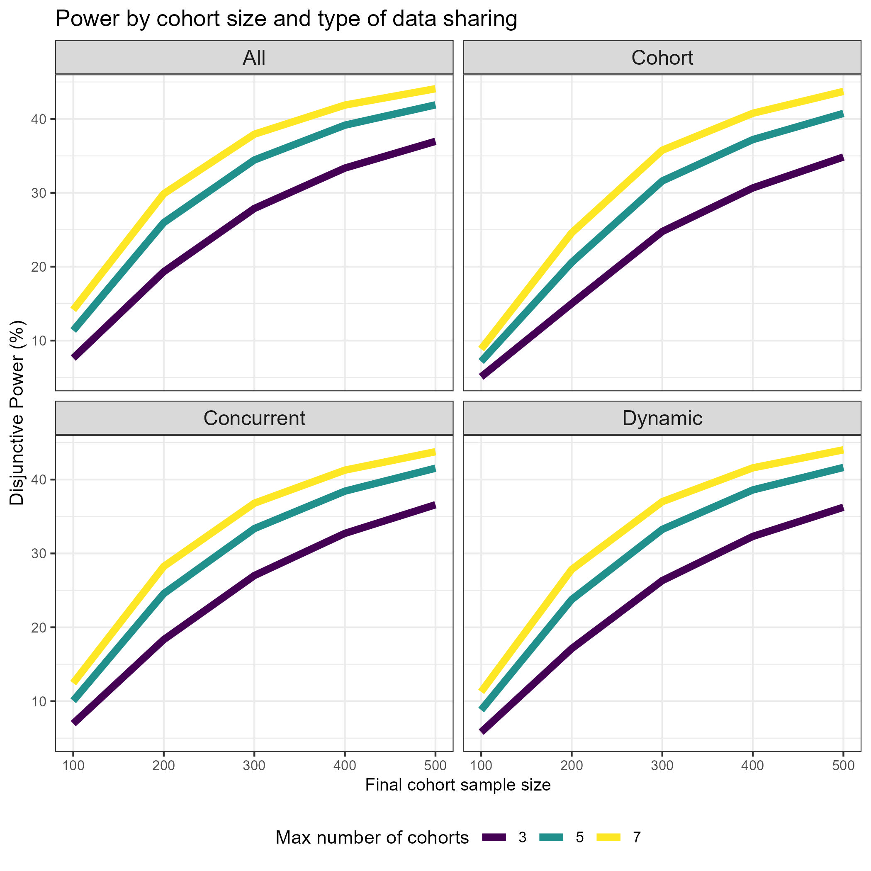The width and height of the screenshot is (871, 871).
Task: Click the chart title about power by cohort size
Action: click(x=286, y=19)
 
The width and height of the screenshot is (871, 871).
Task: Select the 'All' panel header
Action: click(x=254, y=58)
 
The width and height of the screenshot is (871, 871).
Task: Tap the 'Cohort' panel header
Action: click(x=662, y=58)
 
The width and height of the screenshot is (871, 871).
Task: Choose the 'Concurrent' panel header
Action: click(x=254, y=418)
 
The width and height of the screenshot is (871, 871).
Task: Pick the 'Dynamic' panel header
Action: click(x=662, y=418)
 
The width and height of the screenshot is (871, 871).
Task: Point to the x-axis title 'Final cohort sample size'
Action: click(x=457, y=785)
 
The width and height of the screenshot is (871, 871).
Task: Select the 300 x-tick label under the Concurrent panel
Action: click(x=254, y=766)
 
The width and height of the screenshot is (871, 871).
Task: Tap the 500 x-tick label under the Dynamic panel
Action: click(x=843, y=766)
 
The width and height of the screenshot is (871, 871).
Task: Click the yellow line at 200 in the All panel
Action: click(x=164, y=193)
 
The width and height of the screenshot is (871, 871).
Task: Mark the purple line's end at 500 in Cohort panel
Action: click(x=842, y=157)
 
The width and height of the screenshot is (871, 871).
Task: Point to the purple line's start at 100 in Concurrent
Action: click(x=74, y=723)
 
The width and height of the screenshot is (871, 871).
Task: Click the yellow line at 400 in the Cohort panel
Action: click(x=752, y=113)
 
